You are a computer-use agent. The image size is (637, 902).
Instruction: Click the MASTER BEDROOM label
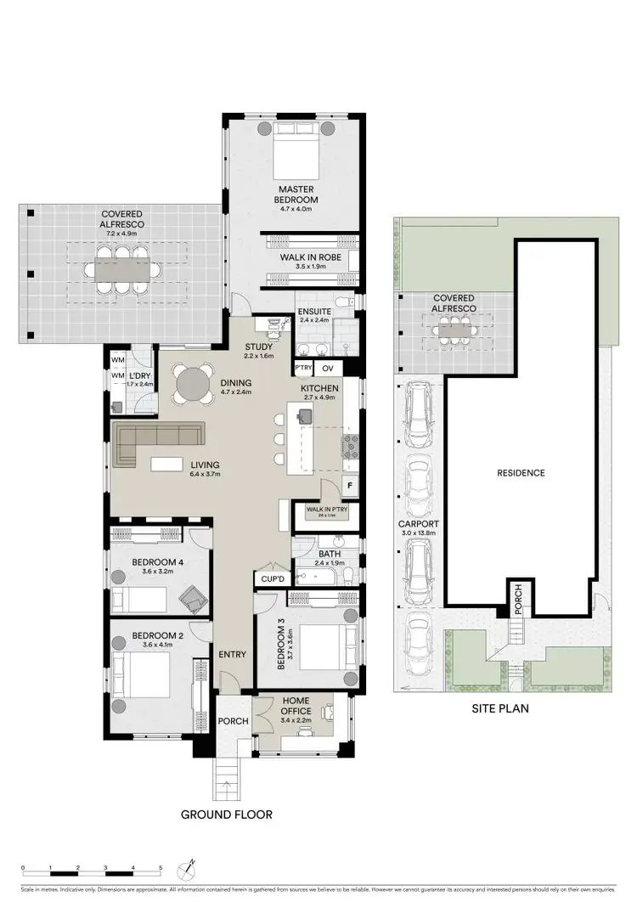point(294,194)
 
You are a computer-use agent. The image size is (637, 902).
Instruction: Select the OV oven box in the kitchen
point(330,368)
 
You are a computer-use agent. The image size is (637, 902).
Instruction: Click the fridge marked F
point(347,485)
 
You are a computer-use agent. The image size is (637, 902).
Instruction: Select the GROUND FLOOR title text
point(226,815)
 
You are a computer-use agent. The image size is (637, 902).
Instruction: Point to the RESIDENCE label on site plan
point(521,473)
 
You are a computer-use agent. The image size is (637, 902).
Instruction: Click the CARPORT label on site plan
point(419,524)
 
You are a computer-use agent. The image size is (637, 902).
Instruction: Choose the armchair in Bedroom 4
point(194,599)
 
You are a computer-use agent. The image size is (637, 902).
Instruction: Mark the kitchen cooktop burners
point(350,445)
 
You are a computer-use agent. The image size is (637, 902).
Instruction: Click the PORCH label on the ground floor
point(233,721)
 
